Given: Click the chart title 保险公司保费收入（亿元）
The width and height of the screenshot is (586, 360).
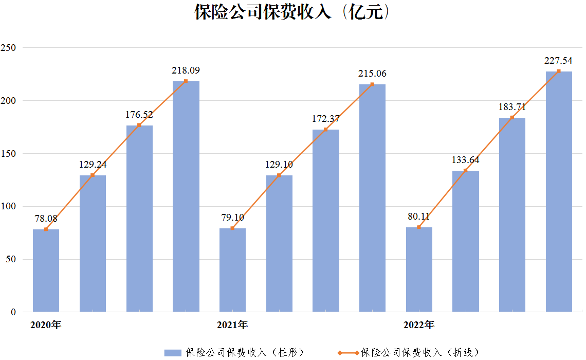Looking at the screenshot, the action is (292, 12).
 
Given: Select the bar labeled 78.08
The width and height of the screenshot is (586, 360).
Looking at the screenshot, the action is (46, 271).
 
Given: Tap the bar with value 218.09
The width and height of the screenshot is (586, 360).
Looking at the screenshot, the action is (186, 196).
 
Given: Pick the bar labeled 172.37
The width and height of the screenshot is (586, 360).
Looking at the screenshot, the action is (325, 221).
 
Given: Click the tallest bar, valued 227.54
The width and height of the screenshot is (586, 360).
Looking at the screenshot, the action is (559, 191).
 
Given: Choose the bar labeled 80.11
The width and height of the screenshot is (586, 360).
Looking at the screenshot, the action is (419, 269).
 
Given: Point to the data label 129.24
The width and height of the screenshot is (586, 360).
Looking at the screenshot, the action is (93, 165).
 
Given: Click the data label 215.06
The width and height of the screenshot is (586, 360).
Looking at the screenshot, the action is (372, 74).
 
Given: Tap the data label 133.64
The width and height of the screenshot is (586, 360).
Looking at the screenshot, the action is (465, 160).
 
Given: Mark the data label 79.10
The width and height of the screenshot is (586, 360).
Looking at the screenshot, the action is (232, 217).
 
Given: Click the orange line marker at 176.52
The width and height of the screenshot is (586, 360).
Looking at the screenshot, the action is (139, 125).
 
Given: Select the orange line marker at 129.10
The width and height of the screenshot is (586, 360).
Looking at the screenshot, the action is (279, 175).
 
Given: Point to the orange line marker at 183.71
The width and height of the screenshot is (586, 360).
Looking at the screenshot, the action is (512, 118).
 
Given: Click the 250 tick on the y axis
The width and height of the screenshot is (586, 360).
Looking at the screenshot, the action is (8, 48).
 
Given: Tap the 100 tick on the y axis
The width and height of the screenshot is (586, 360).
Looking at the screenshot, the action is (8, 206).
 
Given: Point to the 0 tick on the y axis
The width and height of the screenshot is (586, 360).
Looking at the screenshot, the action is (13, 312).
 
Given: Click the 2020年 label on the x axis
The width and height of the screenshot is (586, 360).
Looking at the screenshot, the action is (46, 325).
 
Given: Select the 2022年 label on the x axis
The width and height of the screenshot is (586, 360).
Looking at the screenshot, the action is (419, 325).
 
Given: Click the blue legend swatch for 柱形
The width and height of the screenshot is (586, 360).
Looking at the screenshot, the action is (173, 352).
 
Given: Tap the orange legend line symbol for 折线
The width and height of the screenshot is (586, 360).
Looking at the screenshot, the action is (348, 352).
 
